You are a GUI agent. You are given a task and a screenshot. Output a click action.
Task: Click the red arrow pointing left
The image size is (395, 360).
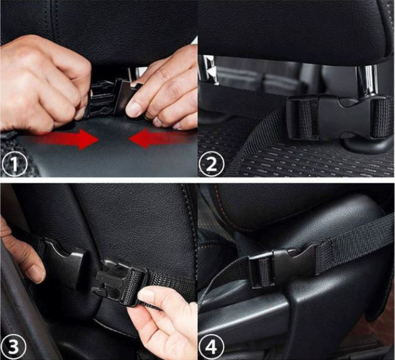pos(156,140)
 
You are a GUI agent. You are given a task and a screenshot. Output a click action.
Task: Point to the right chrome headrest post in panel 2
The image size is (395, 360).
pos(367,81)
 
